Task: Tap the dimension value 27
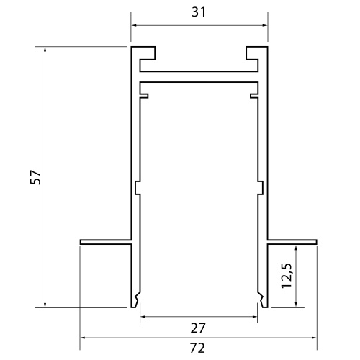point(198,328)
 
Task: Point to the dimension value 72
point(198,348)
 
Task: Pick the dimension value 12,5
point(286,276)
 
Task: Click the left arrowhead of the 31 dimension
point(134,27)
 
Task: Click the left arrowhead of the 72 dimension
point(83,337)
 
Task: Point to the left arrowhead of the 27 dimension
point(143,316)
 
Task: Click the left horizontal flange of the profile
point(105,240)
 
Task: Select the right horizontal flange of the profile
point(291,240)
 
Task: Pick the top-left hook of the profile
point(146,53)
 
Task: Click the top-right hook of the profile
point(253,53)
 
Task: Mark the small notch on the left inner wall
point(136,188)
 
